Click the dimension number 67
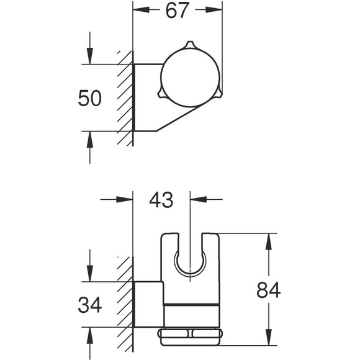pos(176,11)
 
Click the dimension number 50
pos(89,98)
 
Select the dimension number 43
pos(161,200)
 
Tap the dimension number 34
pos(90,305)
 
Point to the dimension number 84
pos(268,290)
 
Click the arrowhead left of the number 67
pos(141,10)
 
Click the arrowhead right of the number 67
pos(214,10)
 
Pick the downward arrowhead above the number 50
pos(90,56)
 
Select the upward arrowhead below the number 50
pos(90,140)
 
